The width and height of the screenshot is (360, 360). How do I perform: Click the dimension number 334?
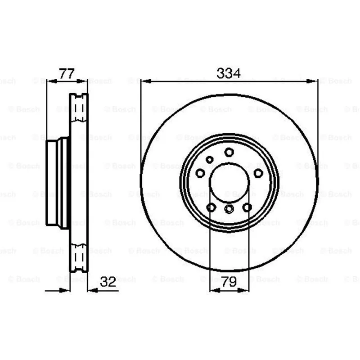229,73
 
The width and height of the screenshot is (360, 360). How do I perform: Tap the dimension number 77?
67,73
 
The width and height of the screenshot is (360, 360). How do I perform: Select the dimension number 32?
108,282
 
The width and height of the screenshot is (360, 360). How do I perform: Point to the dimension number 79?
229,282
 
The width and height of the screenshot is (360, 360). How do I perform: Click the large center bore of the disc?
229,183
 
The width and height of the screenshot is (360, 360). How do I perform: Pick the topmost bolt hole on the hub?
229,152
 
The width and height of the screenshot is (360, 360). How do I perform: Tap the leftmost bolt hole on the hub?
200,173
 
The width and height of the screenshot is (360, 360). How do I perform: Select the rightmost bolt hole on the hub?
258,173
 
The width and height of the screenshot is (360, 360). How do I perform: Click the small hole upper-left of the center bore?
209,159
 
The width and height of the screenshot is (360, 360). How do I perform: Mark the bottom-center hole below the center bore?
229,209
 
